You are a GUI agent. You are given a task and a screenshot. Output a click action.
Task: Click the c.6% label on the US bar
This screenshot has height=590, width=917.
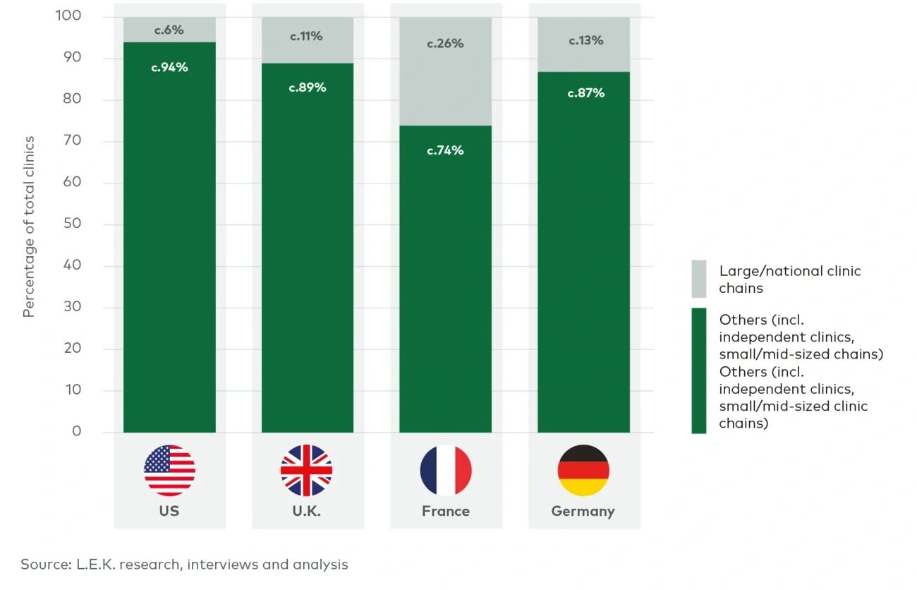pyautogui.click(x=169, y=30)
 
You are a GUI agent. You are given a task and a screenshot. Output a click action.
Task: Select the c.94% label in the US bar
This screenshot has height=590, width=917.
pyautogui.click(x=169, y=68)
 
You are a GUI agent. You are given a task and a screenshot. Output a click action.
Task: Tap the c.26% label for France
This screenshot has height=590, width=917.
pyautogui.click(x=445, y=44)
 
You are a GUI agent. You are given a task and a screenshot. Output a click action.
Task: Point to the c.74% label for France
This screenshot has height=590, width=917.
pyautogui.click(x=445, y=150)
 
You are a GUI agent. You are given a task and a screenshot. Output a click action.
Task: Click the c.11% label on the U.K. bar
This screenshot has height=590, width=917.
pyautogui.click(x=307, y=36)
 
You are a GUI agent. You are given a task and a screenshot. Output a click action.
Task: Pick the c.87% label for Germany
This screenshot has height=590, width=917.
pyautogui.click(x=586, y=92)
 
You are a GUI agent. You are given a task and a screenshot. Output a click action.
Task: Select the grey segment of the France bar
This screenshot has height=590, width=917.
pyautogui.click(x=445, y=85)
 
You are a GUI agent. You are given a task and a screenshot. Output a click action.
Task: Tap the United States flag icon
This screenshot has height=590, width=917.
pyautogui.click(x=169, y=470)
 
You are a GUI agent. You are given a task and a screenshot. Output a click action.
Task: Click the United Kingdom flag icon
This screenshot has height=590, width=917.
pyautogui.click(x=307, y=470)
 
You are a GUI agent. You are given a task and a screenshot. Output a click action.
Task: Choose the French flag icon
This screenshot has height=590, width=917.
pyautogui.click(x=445, y=470)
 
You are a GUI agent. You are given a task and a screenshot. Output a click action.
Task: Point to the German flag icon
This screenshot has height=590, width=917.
pyautogui.click(x=583, y=470)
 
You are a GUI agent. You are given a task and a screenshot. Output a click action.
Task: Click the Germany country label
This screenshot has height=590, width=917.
pyautogui.click(x=583, y=511)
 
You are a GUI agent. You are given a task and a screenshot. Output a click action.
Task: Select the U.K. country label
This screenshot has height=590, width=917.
pyautogui.click(x=307, y=511)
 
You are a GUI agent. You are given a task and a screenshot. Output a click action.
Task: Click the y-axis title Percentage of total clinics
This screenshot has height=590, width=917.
pyautogui.click(x=29, y=227)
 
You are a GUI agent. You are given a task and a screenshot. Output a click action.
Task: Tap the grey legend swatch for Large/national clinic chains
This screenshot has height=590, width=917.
pyautogui.click(x=698, y=279)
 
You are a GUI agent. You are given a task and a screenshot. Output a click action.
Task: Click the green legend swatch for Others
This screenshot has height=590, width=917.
pyautogui.click(x=698, y=370)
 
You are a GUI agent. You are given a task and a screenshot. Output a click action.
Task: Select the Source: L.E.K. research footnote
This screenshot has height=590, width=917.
pyautogui.click(x=184, y=565)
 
